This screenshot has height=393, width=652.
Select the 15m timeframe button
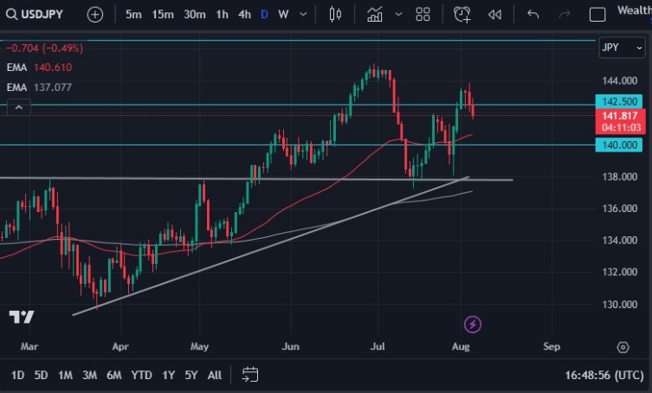click(162, 14)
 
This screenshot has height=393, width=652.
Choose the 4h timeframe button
click(244, 14)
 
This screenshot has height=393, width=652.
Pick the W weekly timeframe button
click(283, 14)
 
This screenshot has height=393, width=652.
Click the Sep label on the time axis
click(552, 346)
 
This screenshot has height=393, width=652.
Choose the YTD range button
click(141, 375)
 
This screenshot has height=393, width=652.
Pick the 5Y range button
click(191, 375)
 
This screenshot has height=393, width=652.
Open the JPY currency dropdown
click(621, 48)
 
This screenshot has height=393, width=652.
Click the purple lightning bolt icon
click(473, 325)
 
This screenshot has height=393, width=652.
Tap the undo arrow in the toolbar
click(533, 14)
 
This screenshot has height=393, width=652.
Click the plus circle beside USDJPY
click(95, 14)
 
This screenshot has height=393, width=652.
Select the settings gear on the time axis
click(623, 347)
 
